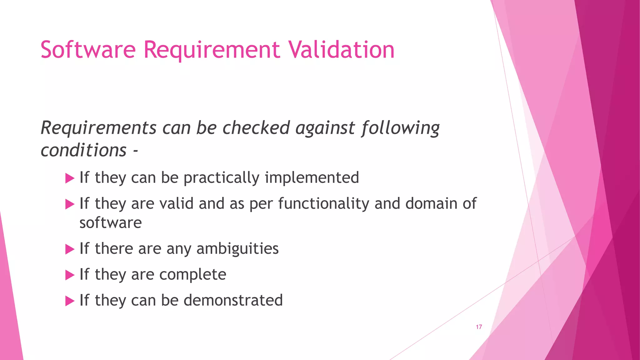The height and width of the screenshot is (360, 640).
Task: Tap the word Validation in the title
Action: [x=341, y=50]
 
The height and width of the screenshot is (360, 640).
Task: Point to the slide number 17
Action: [x=479, y=327]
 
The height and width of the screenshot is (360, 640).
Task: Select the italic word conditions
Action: [x=84, y=151]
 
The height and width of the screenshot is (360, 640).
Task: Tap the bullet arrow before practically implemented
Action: [x=70, y=179]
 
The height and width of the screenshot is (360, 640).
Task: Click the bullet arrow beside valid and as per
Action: [x=70, y=205]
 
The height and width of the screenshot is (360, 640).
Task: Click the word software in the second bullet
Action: [x=111, y=223]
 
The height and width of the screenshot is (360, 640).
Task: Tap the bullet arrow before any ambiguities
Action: [x=70, y=250]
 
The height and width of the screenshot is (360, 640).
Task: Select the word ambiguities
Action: [x=237, y=249]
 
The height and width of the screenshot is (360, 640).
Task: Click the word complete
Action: [x=193, y=275]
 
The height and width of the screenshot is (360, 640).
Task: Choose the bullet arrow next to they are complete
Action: [x=70, y=276]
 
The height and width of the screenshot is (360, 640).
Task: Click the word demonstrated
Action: [x=233, y=300]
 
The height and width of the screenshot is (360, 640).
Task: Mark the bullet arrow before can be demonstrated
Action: [x=70, y=302]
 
